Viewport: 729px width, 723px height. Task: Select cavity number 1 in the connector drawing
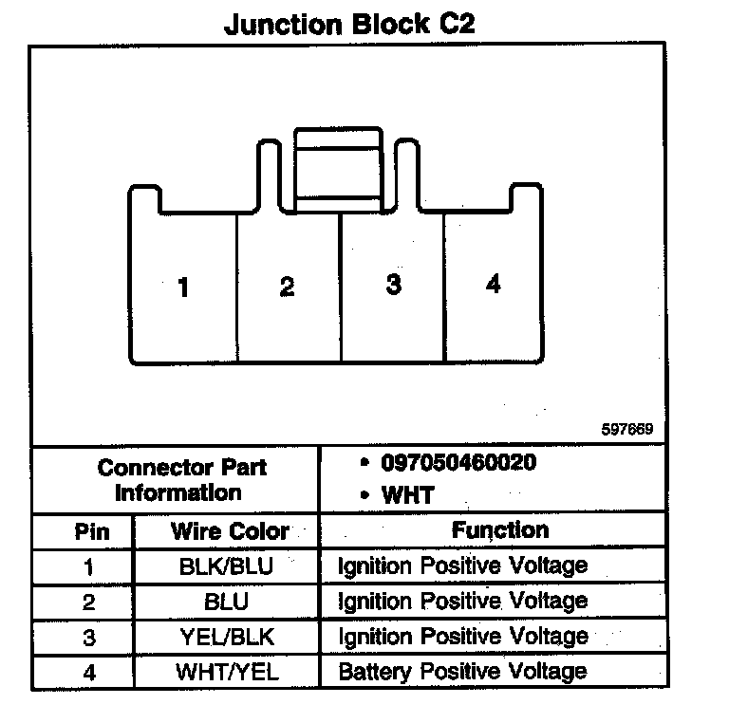(183, 287)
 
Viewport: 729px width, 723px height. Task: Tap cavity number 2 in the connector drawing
(287, 287)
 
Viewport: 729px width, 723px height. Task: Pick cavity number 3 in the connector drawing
(393, 285)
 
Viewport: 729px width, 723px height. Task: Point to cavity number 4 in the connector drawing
(493, 285)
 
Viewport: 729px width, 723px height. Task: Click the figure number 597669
(627, 429)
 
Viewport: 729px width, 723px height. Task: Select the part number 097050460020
(458, 463)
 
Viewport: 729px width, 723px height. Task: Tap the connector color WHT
(407, 494)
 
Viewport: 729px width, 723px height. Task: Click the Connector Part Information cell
(177, 480)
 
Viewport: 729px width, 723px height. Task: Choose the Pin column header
(91, 530)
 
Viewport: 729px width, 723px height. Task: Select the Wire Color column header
(229, 530)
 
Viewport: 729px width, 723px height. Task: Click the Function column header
(499, 529)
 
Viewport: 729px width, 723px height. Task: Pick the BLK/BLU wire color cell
(226, 566)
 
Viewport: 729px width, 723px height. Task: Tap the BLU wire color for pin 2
(226, 602)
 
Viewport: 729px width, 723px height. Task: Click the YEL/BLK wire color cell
(226, 637)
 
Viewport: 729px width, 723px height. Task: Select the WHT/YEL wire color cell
(226, 672)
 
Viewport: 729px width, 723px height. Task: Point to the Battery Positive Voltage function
(462, 672)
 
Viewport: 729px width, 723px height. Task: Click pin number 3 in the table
(88, 638)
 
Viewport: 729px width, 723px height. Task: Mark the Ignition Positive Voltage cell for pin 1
(462, 566)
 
